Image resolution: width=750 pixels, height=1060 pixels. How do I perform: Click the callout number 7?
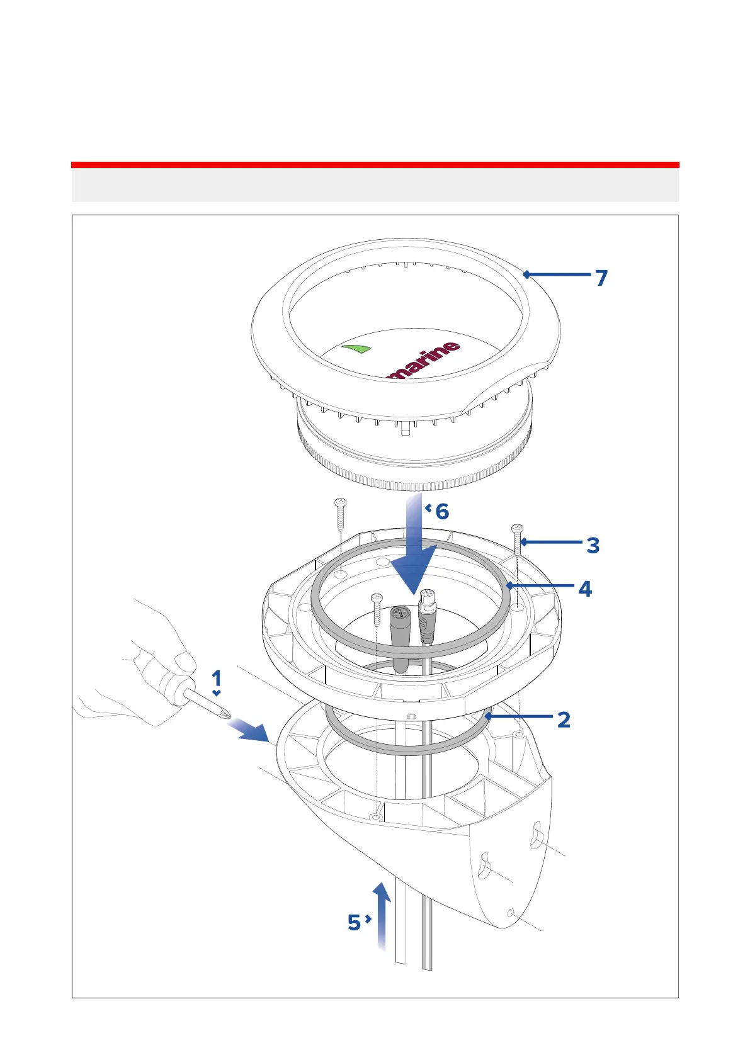601,278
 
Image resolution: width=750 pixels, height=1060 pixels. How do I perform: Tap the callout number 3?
593,545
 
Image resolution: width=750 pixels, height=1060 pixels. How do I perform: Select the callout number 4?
585,589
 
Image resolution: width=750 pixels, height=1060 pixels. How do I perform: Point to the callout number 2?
564,719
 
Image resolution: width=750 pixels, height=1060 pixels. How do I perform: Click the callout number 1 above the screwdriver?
217,679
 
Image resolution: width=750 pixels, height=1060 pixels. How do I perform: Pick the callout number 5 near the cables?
354,923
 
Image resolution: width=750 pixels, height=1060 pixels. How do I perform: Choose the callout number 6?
442,511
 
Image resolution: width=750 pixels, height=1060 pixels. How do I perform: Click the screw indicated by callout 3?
518,538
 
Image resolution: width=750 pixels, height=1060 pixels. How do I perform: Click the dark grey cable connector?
399,629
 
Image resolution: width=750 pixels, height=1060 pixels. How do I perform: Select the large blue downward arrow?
413,554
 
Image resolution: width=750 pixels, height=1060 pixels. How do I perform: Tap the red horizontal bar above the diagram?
375,165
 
